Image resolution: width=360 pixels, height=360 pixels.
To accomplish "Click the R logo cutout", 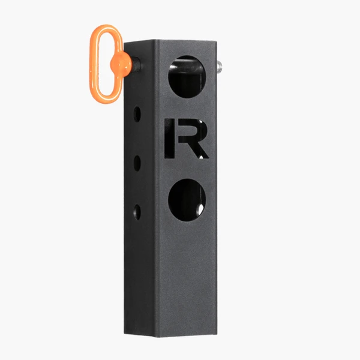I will pyautogui.click(x=186, y=139).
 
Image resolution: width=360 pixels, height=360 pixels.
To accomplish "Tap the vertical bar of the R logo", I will pyautogui.click(x=169, y=139).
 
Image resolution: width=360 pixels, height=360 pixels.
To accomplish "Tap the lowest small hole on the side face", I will pyautogui.click(x=137, y=211).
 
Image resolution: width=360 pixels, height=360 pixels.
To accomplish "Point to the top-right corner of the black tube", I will pyautogui.click(x=216, y=41).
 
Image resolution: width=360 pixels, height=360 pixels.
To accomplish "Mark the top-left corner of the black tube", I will pyautogui.click(x=124, y=44).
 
